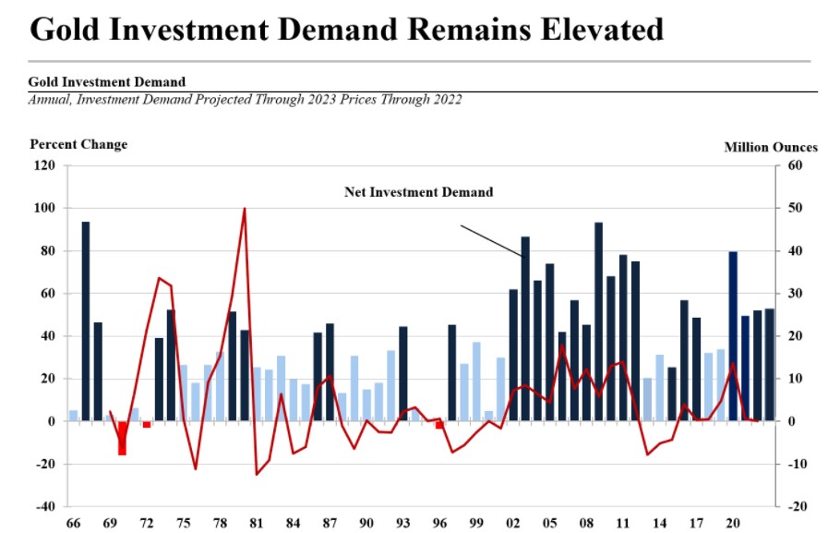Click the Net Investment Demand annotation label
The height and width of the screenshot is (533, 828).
click(419, 192)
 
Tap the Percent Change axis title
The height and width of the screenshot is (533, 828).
click(78, 144)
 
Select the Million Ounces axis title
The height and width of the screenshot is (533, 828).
click(771, 147)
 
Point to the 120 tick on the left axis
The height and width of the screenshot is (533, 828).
click(44, 166)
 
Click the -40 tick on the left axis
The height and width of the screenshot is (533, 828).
click(44, 506)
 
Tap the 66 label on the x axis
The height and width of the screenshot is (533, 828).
click(73, 524)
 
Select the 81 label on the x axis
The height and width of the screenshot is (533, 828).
click(257, 524)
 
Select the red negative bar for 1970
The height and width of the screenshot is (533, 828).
click(122, 438)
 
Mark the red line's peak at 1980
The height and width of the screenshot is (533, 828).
click(245, 209)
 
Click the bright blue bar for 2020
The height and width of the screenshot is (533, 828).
click(733, 336)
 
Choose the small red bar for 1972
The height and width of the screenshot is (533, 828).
click(147, 424)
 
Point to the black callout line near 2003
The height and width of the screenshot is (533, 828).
click(491, 240)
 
